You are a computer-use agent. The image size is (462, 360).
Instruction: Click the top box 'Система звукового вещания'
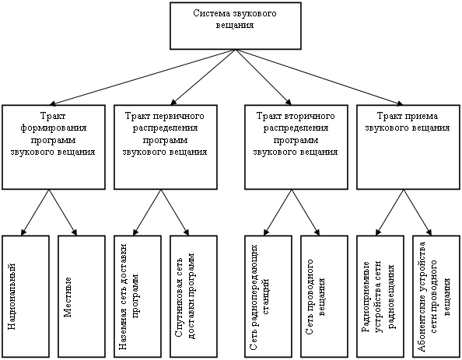tap(236, 26)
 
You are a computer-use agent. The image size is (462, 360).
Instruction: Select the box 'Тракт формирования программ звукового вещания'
tap(54, 147)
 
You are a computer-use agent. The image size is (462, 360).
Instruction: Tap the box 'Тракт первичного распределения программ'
tap(166, 147)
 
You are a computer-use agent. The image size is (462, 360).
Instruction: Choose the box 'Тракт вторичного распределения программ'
tap(296, 147)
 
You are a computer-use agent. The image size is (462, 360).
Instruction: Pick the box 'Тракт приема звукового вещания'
tap(408, 147)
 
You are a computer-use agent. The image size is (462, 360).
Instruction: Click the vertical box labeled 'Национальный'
tap(26, 296)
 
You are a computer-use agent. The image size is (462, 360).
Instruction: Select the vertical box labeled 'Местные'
tap(82, 296)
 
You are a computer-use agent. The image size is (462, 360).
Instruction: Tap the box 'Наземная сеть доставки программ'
tap(138, 296)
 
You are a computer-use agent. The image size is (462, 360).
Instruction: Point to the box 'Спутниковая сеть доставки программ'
tap(194, 296)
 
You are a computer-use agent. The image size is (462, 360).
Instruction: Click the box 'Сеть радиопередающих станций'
tap(268, 296)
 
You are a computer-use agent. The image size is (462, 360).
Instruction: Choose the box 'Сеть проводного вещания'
tap(324, 296)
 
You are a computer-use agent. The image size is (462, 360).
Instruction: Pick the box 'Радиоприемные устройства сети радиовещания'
tap(380, 296)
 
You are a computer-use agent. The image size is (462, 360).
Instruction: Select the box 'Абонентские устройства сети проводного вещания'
tap(436, 296)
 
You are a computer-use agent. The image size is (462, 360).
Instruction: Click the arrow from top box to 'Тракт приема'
tap(320, 77)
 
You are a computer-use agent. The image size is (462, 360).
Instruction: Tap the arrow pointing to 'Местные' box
tap(63, 212)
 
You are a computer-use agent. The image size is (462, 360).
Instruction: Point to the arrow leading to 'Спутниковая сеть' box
tap(175, 212)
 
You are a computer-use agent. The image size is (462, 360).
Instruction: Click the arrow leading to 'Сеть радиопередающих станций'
tap(278, 212)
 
